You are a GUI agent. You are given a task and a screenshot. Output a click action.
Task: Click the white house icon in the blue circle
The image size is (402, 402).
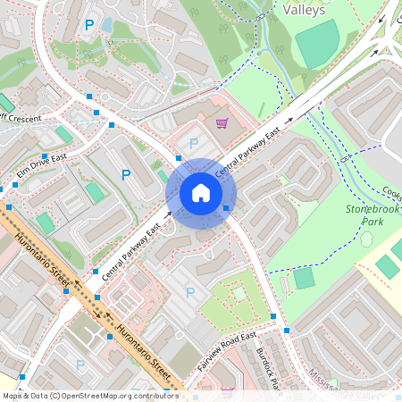click(x=201, y=193)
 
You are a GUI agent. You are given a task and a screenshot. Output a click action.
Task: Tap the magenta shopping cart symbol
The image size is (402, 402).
click(x=222, y=123)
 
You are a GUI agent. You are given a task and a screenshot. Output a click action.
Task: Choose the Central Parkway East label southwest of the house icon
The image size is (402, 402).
click(x=130, y=252)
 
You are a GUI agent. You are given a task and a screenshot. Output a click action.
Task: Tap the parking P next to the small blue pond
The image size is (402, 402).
click(x=88, y=27)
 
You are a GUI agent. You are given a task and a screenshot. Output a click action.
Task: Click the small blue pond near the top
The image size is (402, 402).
click(x=107, y=24)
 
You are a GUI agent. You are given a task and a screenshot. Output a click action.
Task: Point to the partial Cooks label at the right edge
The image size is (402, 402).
click(x=391, y=191)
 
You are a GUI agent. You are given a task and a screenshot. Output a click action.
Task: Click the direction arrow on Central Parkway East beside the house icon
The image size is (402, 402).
click(x=169, y=214)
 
